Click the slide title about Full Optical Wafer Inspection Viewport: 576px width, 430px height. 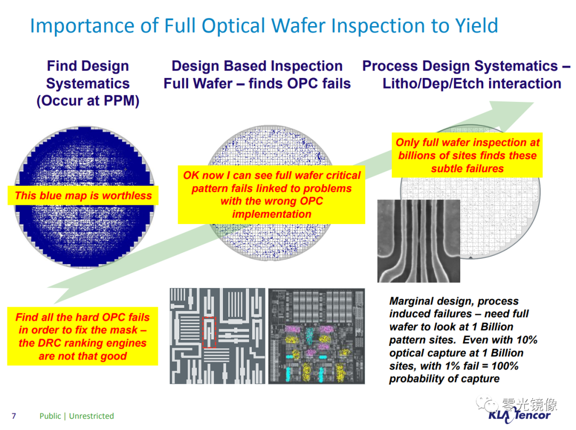pos(264,26)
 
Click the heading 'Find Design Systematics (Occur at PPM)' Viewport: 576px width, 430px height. pos(88,83)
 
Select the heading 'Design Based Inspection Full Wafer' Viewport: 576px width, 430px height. pos(257,75)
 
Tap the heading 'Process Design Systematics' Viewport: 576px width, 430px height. pos(466,67)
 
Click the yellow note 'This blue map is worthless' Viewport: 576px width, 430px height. pos(83,196)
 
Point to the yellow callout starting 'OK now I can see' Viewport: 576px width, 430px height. pos(271,195)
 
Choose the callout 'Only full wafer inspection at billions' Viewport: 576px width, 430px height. pos(467,155)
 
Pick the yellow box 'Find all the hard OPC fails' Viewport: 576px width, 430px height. pos(83,337)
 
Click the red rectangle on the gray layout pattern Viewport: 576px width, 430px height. pos(210,332)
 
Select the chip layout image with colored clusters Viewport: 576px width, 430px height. pos(316,336)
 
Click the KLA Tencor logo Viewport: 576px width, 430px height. pos(519,415)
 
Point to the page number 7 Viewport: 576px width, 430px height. pos(14,416)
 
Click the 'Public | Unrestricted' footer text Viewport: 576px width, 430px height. pos(77,416)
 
